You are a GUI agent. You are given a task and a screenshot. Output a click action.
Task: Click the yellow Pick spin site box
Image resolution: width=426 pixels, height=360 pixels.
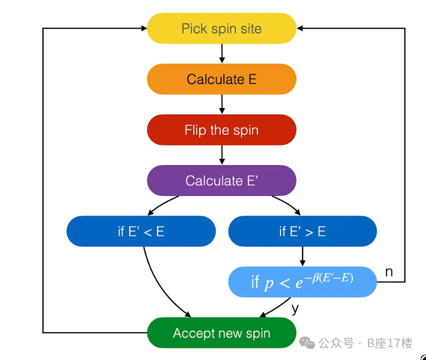click(221, 28)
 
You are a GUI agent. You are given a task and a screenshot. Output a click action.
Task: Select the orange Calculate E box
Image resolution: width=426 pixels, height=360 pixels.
click(221, 79)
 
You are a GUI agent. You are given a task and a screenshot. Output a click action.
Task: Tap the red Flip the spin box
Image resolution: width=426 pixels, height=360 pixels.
click(221, 130)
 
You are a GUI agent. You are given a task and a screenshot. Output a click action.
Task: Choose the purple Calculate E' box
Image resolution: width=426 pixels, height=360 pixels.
click(221, 181)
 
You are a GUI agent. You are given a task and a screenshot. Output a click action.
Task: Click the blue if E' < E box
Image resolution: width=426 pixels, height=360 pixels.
click(141, 231)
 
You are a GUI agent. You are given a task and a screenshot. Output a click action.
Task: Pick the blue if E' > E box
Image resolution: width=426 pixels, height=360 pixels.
click(302, 231)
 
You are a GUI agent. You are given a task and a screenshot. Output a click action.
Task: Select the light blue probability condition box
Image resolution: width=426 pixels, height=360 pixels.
click(302, 282)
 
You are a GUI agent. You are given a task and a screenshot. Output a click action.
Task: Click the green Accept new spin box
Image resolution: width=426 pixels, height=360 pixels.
click(221, 333)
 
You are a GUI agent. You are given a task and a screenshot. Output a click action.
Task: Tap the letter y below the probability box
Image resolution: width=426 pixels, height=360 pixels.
click(295, 308)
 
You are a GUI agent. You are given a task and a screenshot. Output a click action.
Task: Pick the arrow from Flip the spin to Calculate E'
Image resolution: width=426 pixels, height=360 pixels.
click(222, 155)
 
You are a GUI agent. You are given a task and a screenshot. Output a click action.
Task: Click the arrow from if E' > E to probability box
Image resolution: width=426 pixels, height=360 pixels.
click(302, 256)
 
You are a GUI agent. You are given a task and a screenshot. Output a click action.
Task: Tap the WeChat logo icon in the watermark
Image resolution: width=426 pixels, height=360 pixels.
click(307, 343)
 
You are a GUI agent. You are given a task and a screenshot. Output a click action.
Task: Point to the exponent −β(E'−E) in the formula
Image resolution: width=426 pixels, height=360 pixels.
click(327, 277)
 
